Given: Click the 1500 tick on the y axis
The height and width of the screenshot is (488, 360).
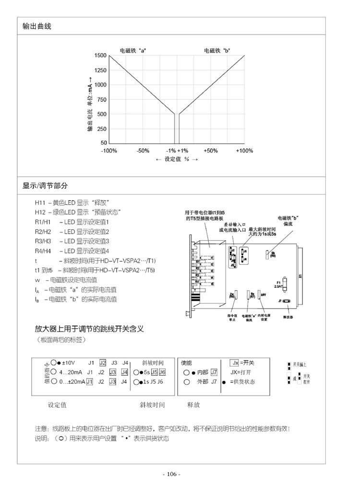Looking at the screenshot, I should click(101, 56).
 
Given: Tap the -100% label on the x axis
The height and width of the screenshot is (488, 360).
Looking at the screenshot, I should click(109, 151).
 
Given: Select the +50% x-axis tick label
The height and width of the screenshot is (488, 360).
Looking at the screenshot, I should click(211, 151).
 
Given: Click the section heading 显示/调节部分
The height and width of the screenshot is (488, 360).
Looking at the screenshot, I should click(45, 186).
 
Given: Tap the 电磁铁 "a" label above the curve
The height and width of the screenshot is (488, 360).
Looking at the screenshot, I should click(133, 50).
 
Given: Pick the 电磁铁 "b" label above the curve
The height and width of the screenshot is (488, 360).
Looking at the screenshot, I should click(217, 50).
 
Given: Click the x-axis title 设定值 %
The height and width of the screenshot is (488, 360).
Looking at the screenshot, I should click(177, 159).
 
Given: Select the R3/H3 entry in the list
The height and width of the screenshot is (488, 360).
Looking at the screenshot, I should click(43, 241).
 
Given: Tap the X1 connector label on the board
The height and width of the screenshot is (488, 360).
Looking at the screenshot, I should click(300, 277).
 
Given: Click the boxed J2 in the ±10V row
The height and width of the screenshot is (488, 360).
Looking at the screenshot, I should click(103, 363).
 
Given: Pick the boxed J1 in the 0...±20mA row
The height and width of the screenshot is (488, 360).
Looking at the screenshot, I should click(90, 381).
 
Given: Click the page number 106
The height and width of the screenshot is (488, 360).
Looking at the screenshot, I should click(171, 475).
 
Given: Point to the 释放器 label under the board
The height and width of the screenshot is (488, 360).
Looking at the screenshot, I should click(287, 317).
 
